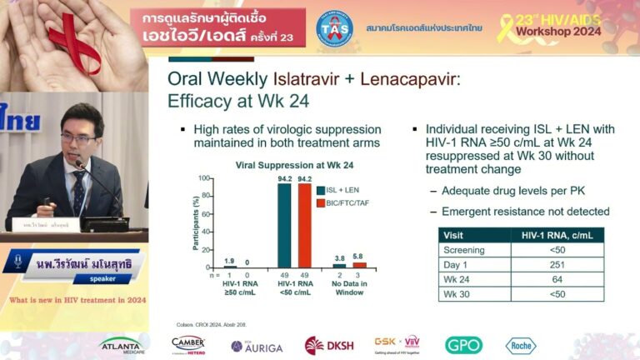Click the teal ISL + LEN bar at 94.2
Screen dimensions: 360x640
(285, 225)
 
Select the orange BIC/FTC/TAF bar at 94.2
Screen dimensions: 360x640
(304, 225)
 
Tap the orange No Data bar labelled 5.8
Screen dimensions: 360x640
(359, 265)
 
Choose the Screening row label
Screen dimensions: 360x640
(465, 249)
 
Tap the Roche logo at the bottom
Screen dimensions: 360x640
(521, 345)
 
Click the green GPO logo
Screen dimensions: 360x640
(463, 345)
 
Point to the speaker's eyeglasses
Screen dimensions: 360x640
(77, 138)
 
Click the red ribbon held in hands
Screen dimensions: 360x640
(74, 37)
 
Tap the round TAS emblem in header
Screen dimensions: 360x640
(333, 27)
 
